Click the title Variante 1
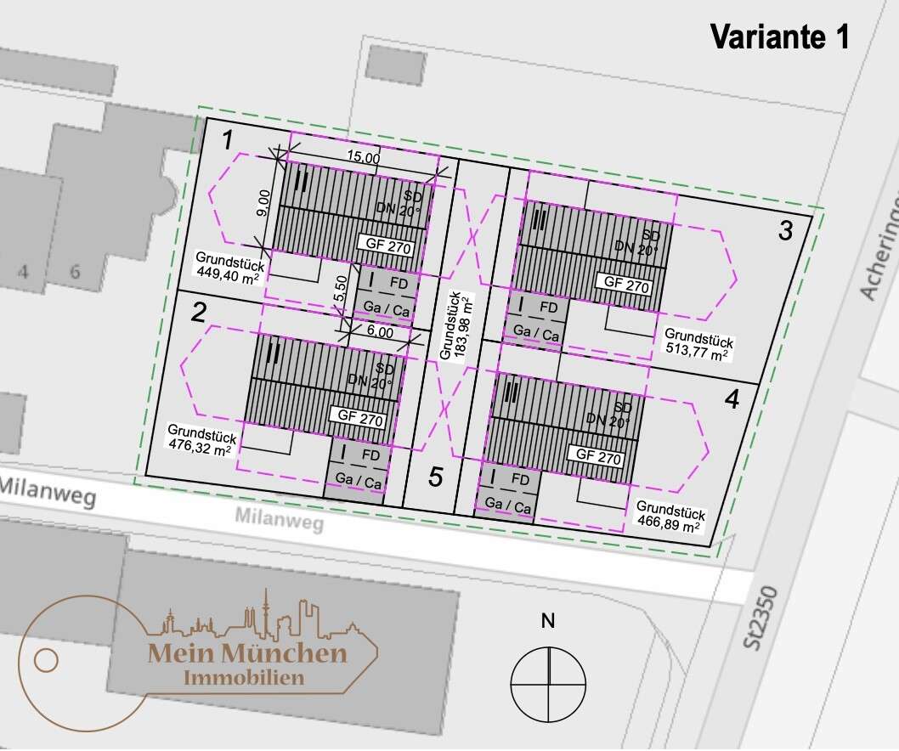[779, 37]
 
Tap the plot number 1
[227, 140]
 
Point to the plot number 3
[785, 229]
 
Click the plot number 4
[732, 398]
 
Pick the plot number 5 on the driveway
[436, 477]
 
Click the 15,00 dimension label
[364, 157]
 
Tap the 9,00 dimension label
[264, 204]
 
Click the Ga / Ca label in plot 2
[359, 482]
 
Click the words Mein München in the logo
[247, 653]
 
